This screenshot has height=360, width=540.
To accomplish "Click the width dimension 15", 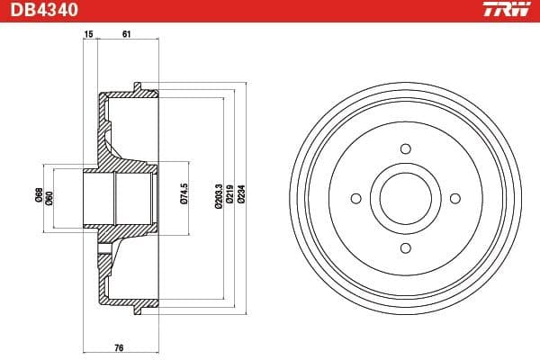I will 88,33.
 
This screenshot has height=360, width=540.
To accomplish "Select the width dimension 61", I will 126,33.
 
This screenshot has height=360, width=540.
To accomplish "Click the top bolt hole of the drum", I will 405,148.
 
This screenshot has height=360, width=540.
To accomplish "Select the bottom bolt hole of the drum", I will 405,247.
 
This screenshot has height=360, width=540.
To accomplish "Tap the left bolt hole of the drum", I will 355,198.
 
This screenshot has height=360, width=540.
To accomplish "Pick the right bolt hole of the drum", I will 454,198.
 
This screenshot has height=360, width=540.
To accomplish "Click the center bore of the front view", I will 405,198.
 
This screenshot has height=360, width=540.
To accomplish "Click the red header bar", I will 270,10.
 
